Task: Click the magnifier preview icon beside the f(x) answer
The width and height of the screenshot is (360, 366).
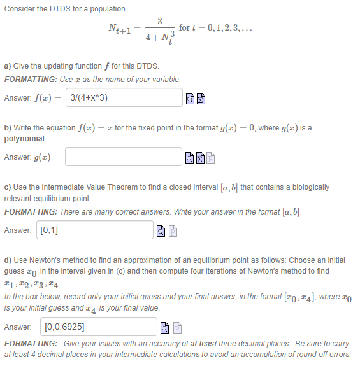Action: [x=190, y=99]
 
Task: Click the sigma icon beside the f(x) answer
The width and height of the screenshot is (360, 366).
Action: [x=200, y=99]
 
